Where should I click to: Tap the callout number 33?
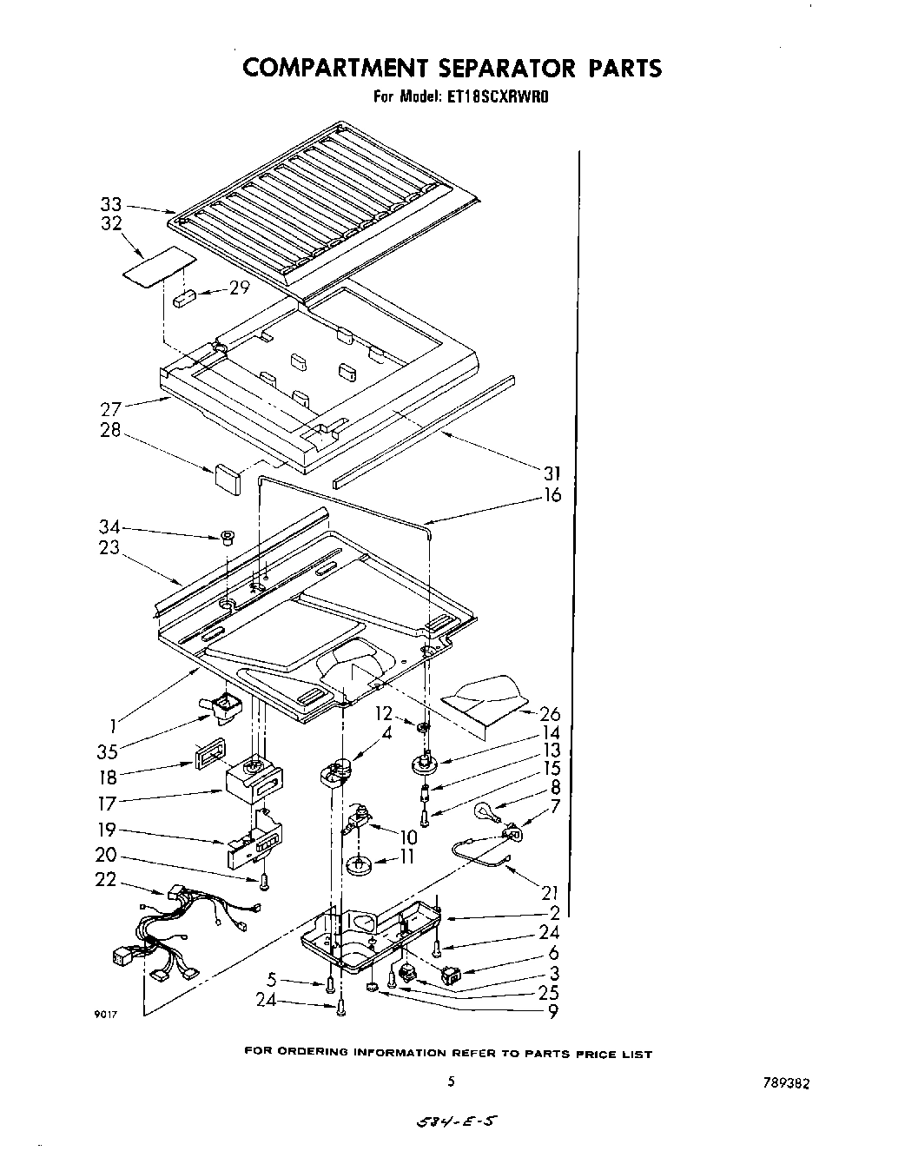[x=110, y=205]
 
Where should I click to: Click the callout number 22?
[x=105, y=879]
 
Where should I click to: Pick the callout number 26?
[x=550, y=714]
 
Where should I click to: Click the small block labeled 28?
[x=226, y=479]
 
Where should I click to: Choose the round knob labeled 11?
[x=355, y=865]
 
